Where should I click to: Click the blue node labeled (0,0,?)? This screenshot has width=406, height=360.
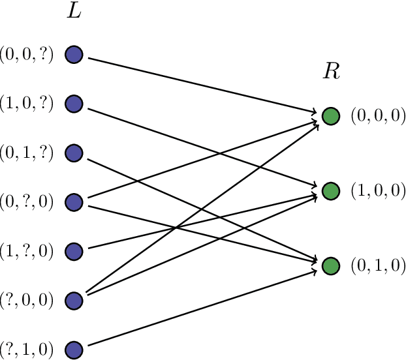(74, 55)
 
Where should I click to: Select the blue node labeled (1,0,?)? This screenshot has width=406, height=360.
(74, 104)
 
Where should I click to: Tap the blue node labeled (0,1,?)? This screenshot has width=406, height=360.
(74, 153)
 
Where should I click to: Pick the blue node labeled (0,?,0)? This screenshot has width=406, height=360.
(74, 202)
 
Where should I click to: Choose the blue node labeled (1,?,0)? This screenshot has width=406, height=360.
(74, 251)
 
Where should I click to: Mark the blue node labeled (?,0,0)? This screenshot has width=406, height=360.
(74, 300)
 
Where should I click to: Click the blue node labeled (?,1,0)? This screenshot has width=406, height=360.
(74, 349)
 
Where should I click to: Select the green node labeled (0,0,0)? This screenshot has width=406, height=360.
(331, 117)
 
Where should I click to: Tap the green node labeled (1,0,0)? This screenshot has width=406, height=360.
(331, 191)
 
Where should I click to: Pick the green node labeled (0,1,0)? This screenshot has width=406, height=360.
(331, 266)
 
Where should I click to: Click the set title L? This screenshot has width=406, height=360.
(74, 12)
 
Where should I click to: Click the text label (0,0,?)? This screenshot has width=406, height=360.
(27, 55)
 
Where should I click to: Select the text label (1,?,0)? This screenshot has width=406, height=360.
(27, 251)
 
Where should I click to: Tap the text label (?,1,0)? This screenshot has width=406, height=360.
(27, 349)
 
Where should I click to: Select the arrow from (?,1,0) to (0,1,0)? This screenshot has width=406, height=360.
(202, 307)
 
